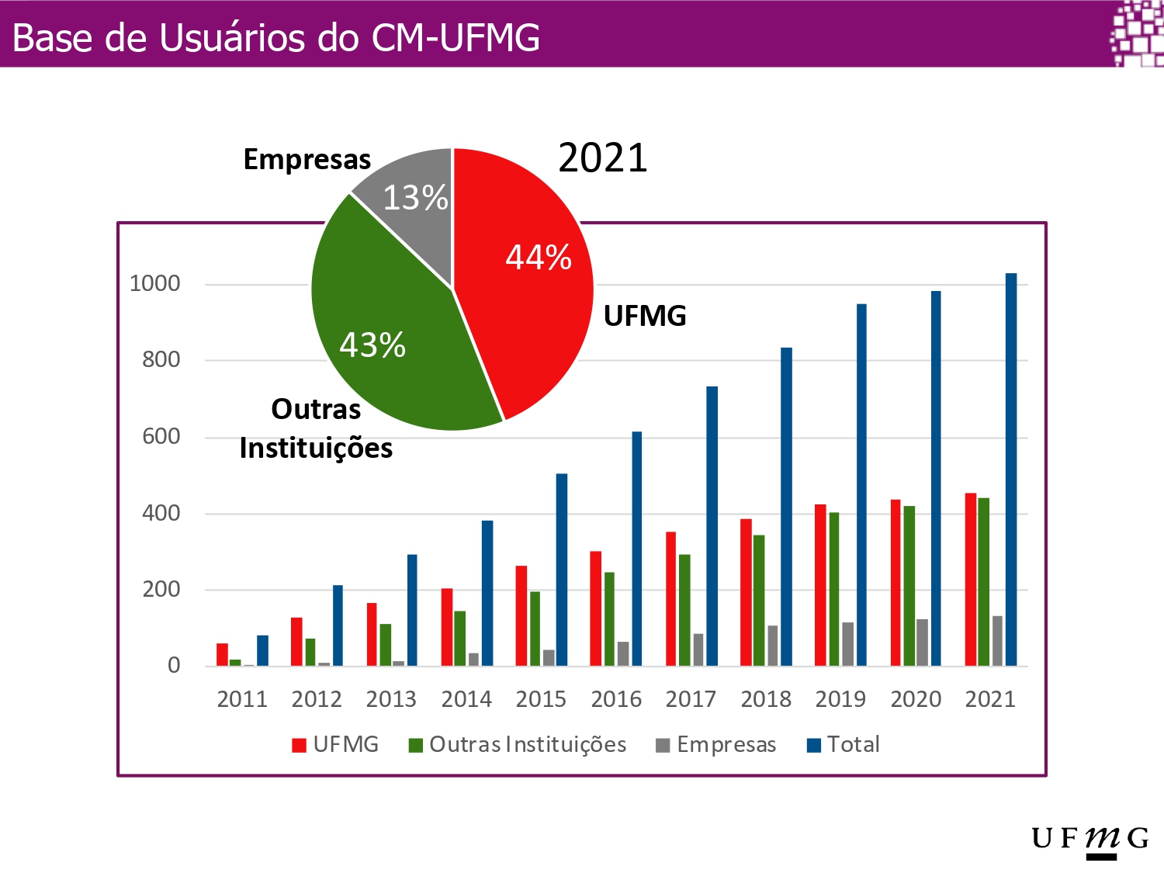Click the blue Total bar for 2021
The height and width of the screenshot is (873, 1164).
pyautogui.click(x=1011, y=469)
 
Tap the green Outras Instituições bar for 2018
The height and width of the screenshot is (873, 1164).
pyautogui.click(x=759, y=600)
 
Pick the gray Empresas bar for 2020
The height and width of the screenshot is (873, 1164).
pyautogui.click(x=922, y=643)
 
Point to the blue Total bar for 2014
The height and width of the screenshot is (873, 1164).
pyautogui.click(x=487, y=593)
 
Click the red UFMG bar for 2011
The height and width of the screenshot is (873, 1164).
pyautogui.click(x=222, y=654)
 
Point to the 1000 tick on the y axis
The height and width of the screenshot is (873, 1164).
pyautogui.click(x=155, y=284)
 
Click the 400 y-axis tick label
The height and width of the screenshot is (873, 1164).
pyautogui.click(x=161, y=513)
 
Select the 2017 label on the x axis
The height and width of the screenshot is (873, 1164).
pyautogui.click(x=691, y=699)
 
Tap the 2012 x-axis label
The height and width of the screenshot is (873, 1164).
pyautogui.click(x=317, y=699)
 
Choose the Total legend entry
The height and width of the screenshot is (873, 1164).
pyautogui.click(x=844, y=745)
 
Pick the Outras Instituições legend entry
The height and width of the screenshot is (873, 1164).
pyautogui.click(x=518, y=745)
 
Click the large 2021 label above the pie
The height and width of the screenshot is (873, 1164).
pyautogui.click(x=603, y=158)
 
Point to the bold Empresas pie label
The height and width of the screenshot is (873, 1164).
pyautogui.click(x=307, y=159)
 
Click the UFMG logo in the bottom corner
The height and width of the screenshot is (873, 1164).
pyautogui.click(x=1090, y=840)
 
